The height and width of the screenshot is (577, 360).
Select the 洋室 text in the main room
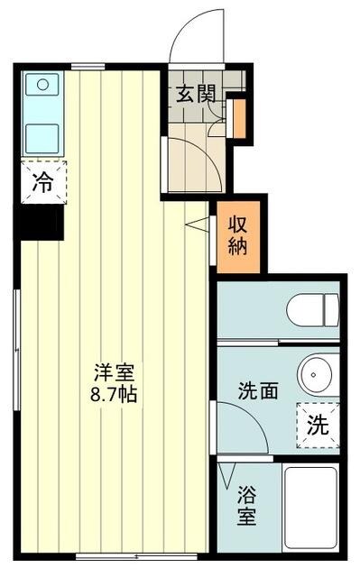(115, 371)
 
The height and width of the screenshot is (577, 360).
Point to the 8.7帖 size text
(115, 394)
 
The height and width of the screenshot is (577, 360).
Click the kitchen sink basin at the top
(42, 87)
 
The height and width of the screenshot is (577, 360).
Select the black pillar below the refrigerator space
(38, 222)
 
